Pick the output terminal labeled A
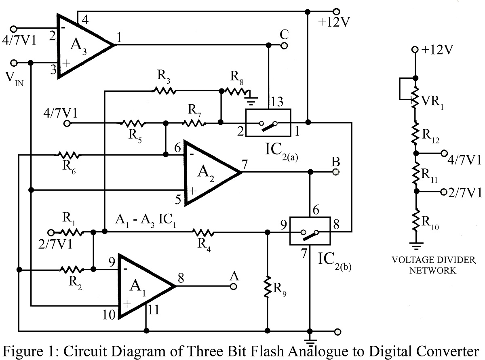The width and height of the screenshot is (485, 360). click(x=233, y=286)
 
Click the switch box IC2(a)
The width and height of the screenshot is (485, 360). click(x=268, y=122)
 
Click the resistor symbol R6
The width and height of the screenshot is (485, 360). click(x=69, y=154)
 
